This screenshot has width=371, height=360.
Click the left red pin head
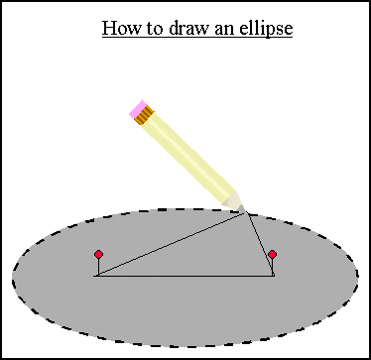(98, 255)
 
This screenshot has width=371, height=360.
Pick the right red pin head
(272, 255)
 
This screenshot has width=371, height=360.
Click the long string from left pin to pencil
(169, 244)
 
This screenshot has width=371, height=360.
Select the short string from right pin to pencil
(258, 243)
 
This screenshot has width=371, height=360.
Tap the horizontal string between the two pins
(184, 276)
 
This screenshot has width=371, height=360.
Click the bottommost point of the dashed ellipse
(185, 346)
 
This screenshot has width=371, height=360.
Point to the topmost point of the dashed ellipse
(185, 208)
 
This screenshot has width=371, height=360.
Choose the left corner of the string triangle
(96, 276)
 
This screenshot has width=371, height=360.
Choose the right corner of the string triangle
(273, 276)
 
